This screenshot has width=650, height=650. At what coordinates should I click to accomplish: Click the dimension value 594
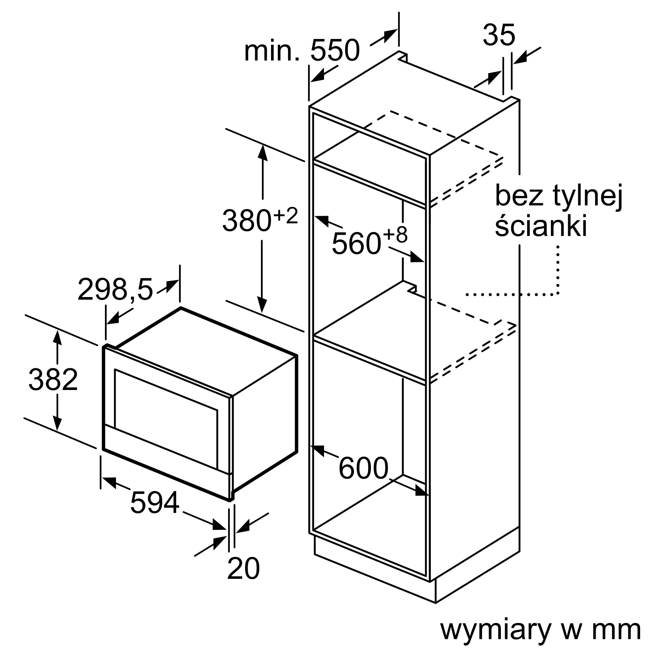pos(154,503)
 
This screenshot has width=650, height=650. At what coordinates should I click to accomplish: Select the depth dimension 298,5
pos(115,289)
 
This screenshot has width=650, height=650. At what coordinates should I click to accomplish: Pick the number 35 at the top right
pos(499,35)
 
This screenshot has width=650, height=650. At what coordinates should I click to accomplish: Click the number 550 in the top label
pos(335,50)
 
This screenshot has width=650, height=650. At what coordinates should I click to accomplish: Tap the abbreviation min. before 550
pos(271,51)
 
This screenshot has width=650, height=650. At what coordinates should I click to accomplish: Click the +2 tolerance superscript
pos(286,216)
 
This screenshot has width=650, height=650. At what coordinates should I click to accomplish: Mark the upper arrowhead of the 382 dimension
pos(58,337)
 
